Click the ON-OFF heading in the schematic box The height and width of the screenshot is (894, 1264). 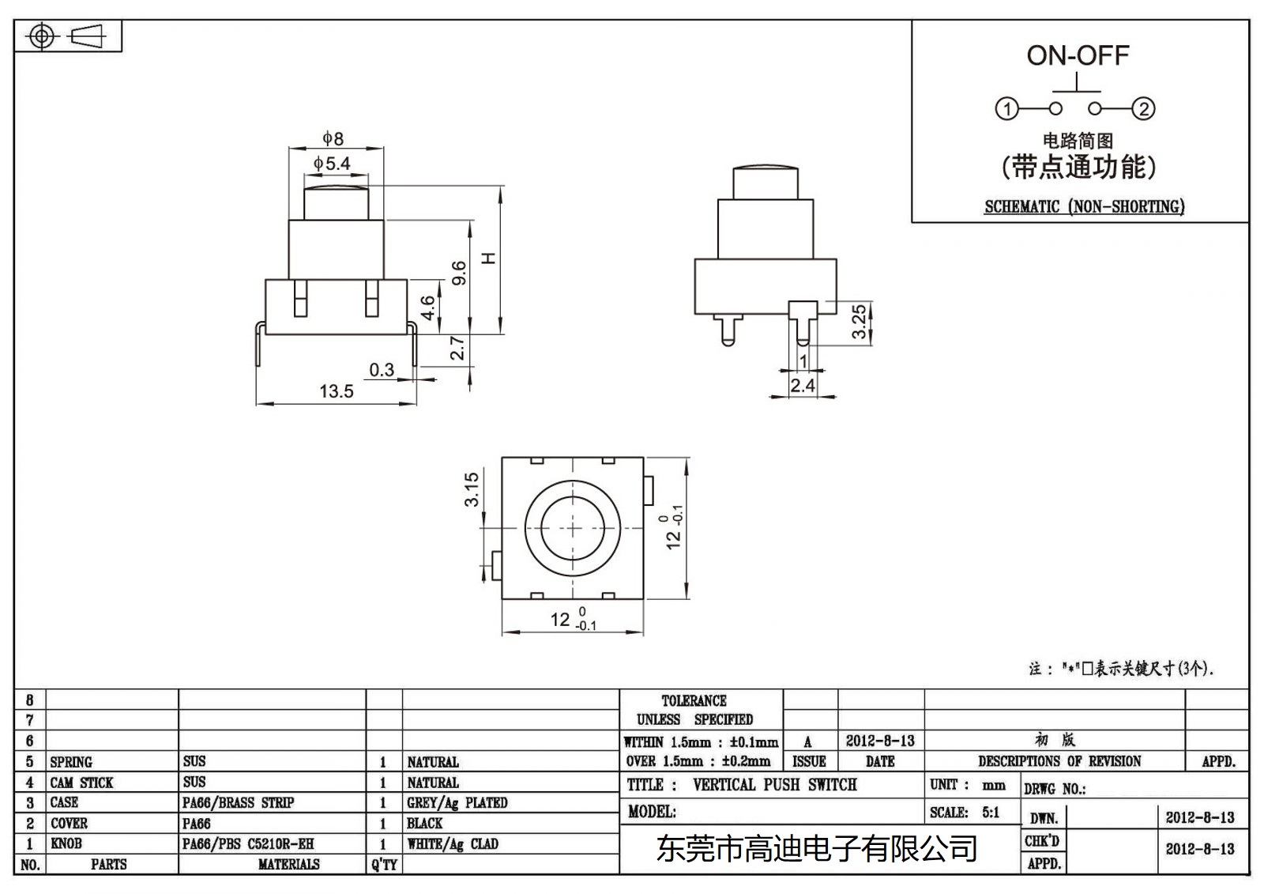(x=1078, y=55)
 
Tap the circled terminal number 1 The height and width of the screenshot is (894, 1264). (x=1006, y=109)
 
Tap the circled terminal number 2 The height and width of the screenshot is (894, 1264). (x=1144, y=109)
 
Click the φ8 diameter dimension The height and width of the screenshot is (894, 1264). (x=333, y=138)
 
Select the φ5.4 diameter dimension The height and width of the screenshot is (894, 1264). (x=332, y=164)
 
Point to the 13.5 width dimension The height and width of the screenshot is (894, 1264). (x=336, y=391)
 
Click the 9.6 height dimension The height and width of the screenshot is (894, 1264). (x=459, y=273)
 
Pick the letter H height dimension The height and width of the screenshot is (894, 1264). (x=489, y=258)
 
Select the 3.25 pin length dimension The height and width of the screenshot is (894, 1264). (x=860, y=322)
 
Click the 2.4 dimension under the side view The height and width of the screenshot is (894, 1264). (x=803, y=385)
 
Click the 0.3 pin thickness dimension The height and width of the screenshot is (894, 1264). (x=382, y=369)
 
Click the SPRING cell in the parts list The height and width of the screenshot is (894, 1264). (x=71, y=762)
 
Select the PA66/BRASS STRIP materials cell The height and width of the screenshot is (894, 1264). (x=238, y=803)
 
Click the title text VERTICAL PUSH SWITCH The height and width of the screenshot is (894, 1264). (x=774, y=785)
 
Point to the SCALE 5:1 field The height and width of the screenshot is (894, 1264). (x=965, y=813)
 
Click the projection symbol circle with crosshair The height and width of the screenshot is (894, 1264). (x=42, y=36)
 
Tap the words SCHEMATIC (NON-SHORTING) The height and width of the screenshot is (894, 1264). (x=1084, y=207)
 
